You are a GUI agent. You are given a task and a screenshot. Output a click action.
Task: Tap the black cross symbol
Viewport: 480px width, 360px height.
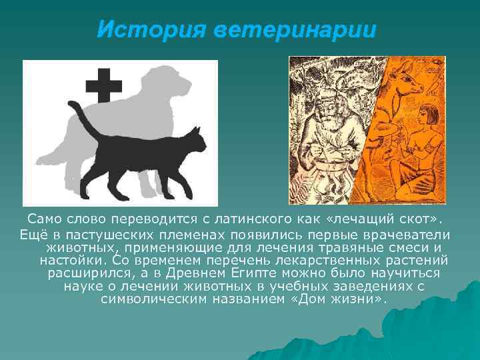pyautogui.click(x=104, y=85)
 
